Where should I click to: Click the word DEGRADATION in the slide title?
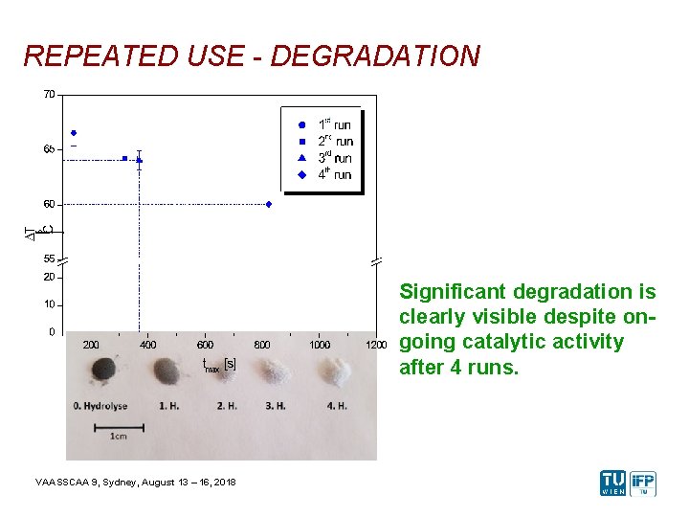(375, 56)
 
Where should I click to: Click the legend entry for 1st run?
(334, 125)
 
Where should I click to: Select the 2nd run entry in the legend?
(335, 142)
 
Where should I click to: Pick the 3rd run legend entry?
(335, 158)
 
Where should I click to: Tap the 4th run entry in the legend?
(335, 174)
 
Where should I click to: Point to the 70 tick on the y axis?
(48, 94)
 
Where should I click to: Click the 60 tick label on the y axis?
(48, 204)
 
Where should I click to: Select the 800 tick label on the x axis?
(262, 345)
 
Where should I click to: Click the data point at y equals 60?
(269, 204)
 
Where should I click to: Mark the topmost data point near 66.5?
(74, 133)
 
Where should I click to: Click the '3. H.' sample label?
(276, 406)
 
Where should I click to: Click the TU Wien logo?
(612, 483)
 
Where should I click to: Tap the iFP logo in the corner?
(643, 483)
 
